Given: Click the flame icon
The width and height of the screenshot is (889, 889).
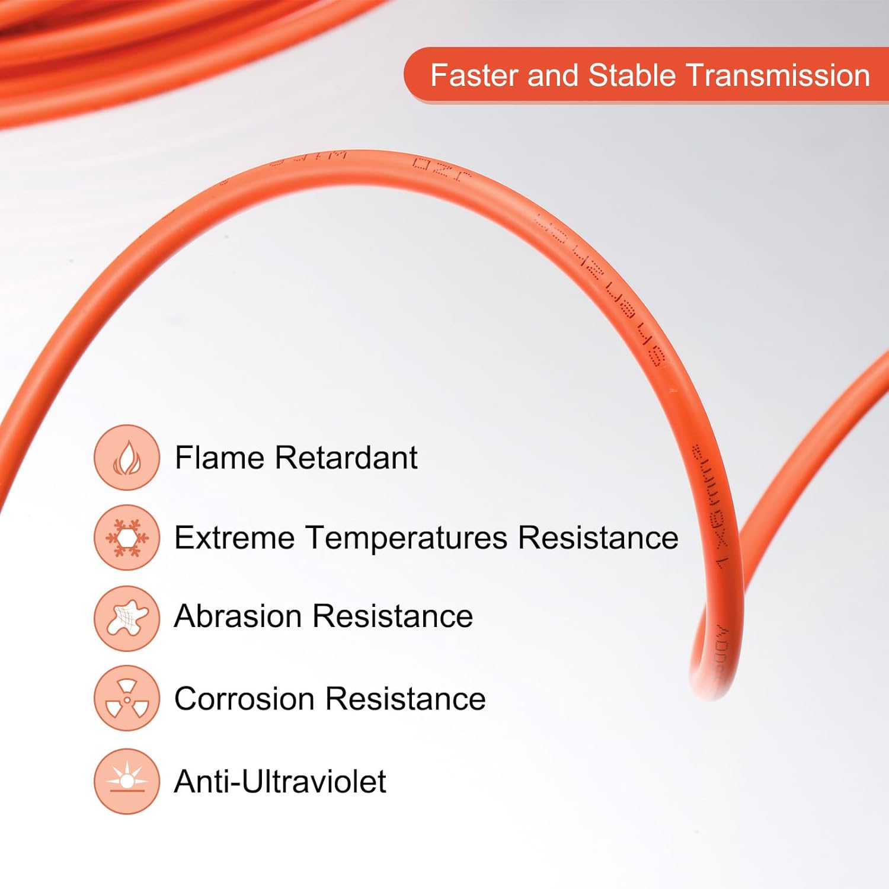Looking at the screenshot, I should coord(126,458).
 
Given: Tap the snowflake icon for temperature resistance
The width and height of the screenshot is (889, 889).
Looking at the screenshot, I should coord(126,538).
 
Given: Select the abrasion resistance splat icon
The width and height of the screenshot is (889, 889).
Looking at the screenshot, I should coord(126,618).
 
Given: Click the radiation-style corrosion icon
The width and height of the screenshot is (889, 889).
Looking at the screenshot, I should coord(126,698).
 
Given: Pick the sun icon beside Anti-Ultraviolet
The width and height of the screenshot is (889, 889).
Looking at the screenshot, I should coord(126,781).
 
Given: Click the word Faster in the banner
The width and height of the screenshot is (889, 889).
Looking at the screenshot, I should coord(474,76).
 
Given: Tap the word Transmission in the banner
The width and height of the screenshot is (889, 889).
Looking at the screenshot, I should coord(778,76).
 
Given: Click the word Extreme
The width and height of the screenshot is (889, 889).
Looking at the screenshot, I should coord(234,538).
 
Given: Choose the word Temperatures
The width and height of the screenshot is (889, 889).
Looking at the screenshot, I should coord(407,538).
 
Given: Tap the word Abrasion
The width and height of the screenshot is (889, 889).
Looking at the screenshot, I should coord(238,616).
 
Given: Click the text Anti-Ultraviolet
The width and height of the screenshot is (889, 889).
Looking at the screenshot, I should coord(280,782).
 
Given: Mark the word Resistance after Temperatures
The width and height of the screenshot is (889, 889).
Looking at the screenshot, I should coord(598,538).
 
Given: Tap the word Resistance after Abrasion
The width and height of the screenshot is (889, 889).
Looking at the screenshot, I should coord(392,616).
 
